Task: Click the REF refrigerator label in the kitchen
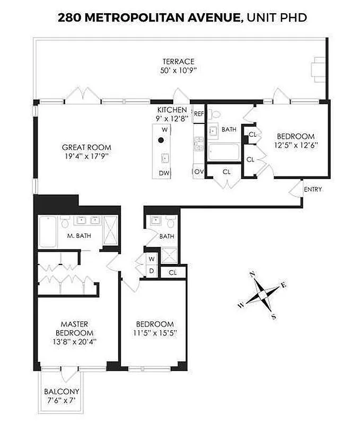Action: tap(199, 113)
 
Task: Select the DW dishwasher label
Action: tap(164, 173)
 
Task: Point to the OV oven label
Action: tap(199, 172)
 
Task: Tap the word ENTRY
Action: tap(312, 189)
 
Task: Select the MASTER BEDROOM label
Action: tap(74, 328)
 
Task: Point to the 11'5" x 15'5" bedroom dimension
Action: tap(154, 333)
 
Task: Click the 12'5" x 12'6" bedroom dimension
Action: tap(294, 145)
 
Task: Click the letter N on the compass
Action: tap(253, 274)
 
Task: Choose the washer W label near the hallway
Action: tap(151, 259)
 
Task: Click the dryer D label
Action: tap(151, 271)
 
